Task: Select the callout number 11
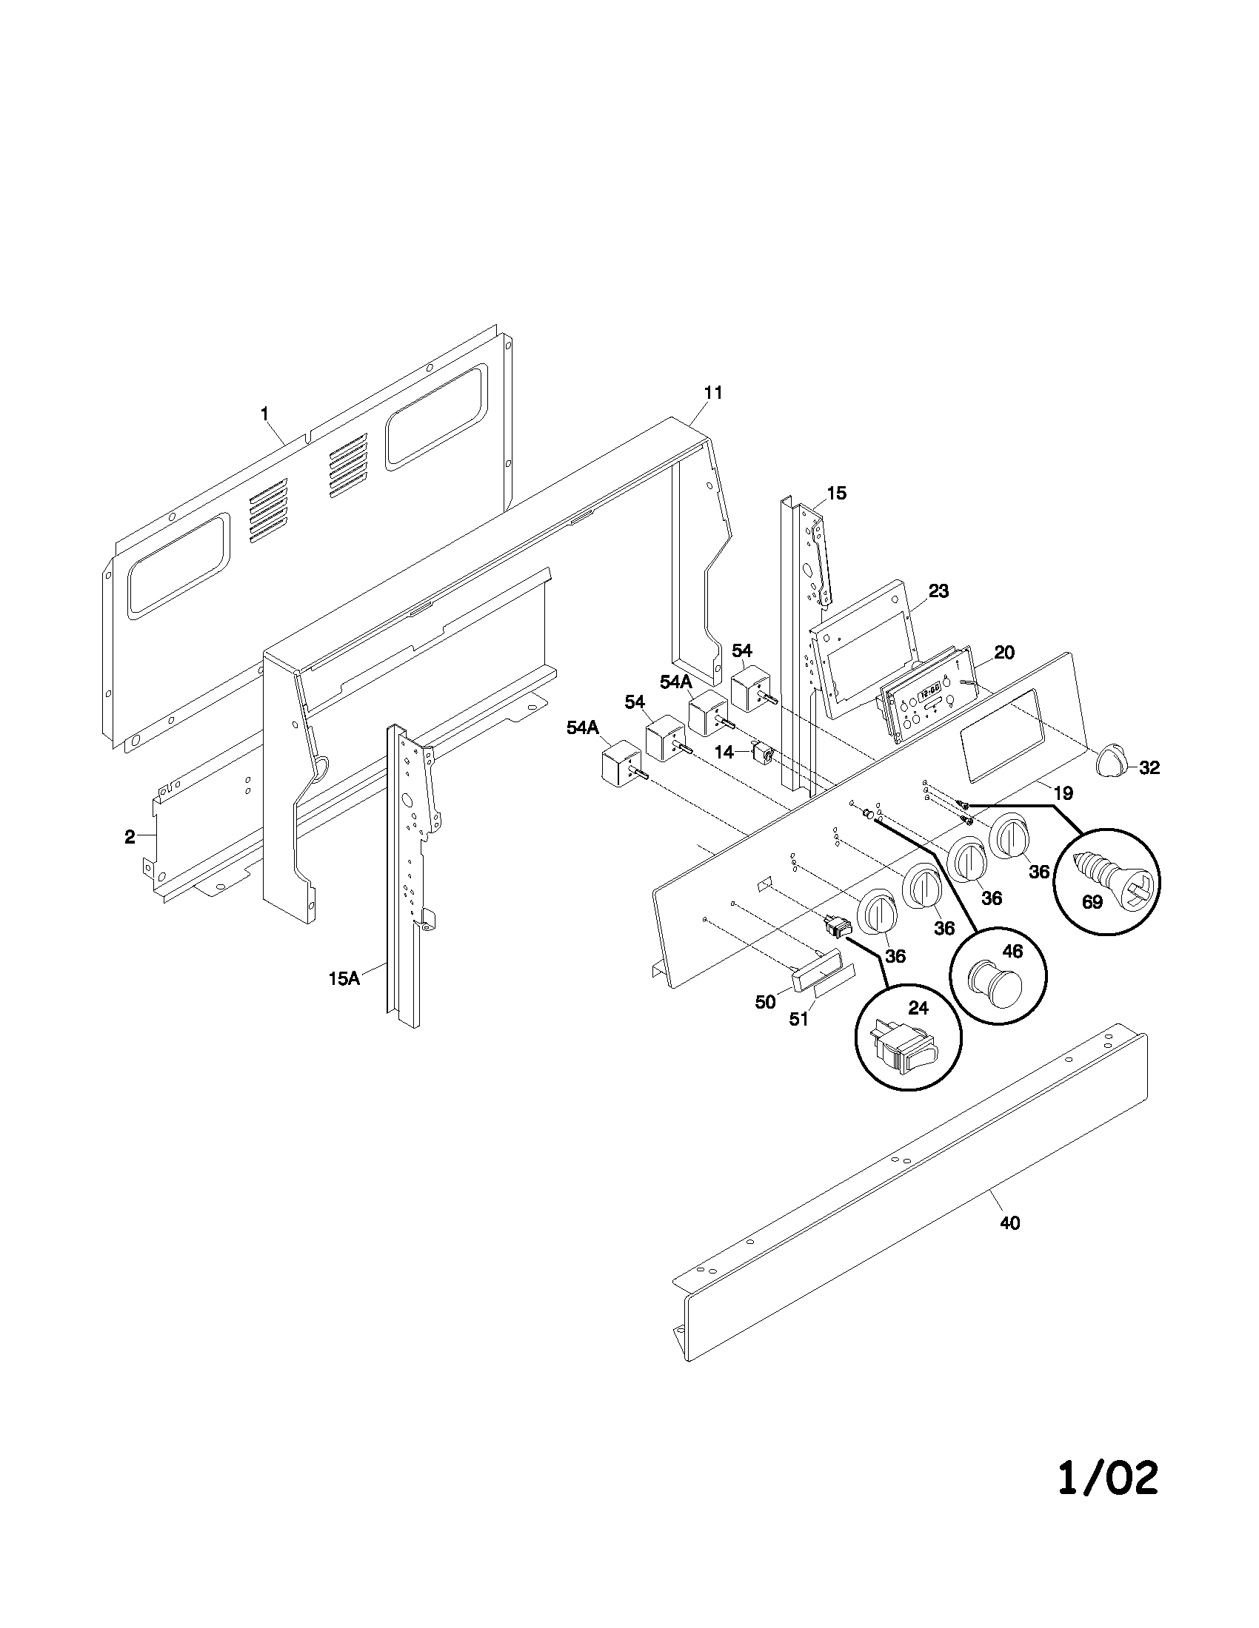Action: pos(713,393)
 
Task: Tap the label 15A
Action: pos(344,979)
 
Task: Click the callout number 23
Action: pos(938,591)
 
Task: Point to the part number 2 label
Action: pos(130,837)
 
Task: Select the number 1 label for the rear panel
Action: pos(264,412)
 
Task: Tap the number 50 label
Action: pos(765,1003)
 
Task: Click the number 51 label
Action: pos(799,1019)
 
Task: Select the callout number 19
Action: pos(1063,793)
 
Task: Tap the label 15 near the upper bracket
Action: pos(837,493)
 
